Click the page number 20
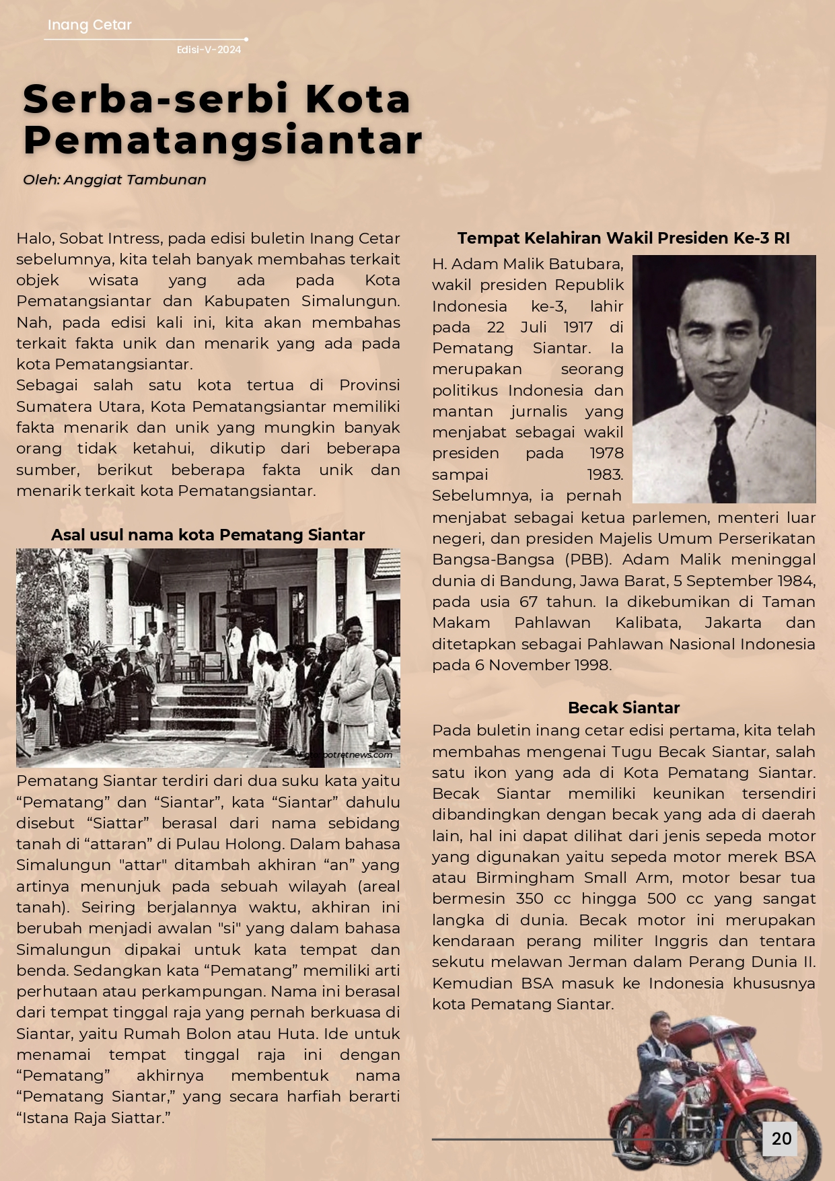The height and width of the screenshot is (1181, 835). (x=780, y=1139)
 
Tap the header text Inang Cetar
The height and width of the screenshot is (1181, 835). (x=89, y=25)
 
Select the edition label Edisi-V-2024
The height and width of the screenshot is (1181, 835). (x=209, y=50)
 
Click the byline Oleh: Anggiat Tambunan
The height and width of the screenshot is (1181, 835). (x=114, y=180)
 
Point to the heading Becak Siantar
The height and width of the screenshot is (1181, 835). (x=623, y=707)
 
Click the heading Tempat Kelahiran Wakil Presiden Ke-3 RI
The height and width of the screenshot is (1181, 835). (x=623, y=238)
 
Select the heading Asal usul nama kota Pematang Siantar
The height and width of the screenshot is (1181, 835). (x=208, y=535)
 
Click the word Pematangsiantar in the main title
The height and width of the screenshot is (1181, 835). (x=223, y=140)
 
